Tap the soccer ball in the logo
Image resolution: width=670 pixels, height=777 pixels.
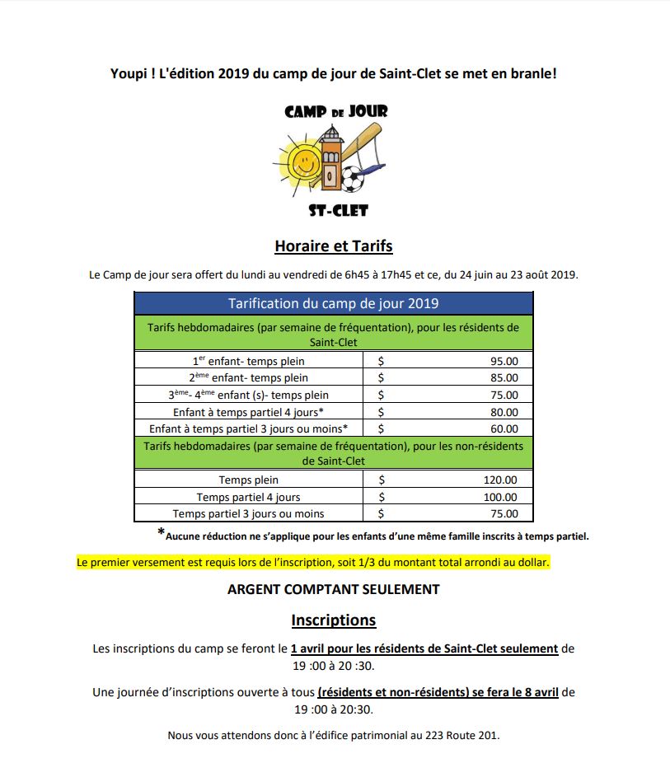[352, 178]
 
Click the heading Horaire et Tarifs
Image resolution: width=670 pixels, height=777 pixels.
[333, 246]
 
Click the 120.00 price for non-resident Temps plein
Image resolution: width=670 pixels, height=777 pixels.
[500, 480]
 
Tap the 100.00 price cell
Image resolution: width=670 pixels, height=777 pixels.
[500, 497]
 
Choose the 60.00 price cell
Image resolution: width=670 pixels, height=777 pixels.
[504, 428]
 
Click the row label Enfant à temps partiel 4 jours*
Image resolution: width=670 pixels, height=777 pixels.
[248, 412]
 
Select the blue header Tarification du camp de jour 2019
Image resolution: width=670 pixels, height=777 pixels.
[333, 303]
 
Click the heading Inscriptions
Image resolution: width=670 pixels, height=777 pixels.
[333, 620]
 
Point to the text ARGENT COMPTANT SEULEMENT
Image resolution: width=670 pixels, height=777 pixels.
[333, 589]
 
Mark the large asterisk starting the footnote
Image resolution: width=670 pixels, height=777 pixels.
[161, 533]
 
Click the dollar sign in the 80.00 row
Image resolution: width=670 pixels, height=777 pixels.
[381, 412]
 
